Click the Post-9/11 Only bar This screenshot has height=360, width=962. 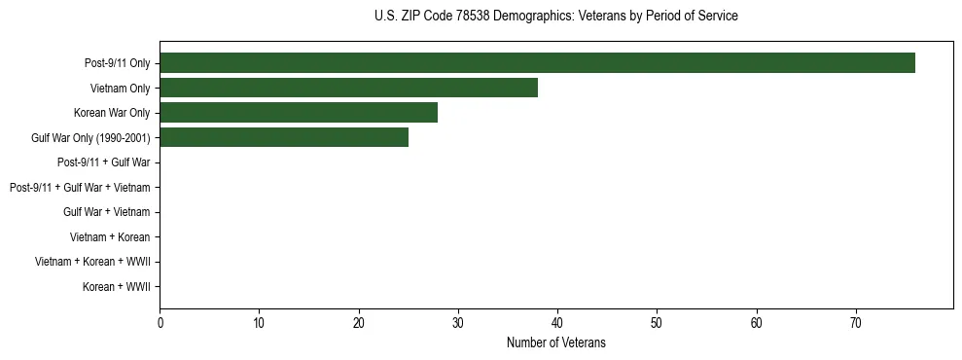click(x=537, y=63)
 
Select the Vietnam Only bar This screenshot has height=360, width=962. click(x=348, y=89)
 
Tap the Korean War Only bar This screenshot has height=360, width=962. click(x=299, y=113)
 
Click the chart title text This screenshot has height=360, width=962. click(x=555, y=17)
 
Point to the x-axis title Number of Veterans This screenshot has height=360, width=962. click(x=555, y=342)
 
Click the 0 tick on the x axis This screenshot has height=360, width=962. click(x=160, y=323)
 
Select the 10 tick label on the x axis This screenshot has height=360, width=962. click(x=259, y=323)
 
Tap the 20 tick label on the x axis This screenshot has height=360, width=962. click(x=359, y=323)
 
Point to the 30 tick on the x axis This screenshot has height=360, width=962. click(x=458, y=323)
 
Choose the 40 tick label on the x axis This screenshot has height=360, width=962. click(x=557, y=323)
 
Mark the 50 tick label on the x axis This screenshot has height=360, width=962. click(x=657, y=323)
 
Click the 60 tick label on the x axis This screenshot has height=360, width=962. click(x=757, y=323)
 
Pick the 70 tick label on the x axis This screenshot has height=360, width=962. click(x=856, y=323)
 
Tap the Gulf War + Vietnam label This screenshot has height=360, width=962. click(x=106, y=212)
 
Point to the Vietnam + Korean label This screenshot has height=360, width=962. click(x=110, y=237)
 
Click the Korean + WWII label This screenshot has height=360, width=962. click(x=116, y=287)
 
